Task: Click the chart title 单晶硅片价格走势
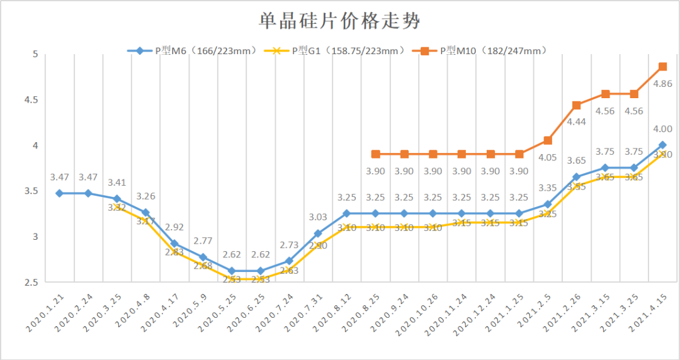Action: (x=339, y=22)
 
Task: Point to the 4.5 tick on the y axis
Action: (x=31, y=100)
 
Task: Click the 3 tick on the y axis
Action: (x=35, y=237)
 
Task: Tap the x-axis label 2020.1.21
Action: (x=45, y=310)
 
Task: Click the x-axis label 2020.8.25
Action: (x=362, y=310)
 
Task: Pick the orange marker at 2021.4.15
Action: (x=662, y=67)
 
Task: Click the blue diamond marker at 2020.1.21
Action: (x=59, y=193)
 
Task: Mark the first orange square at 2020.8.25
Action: (x=376, y=154)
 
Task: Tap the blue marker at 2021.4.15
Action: (x=662, y=145)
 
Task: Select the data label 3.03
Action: (x=317, y=217)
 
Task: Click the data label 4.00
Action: (x=662, y=129)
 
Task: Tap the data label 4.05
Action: (x=547, y=157)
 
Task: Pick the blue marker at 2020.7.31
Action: (x=318, y=233)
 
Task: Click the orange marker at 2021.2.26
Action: (x=576, y=105)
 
